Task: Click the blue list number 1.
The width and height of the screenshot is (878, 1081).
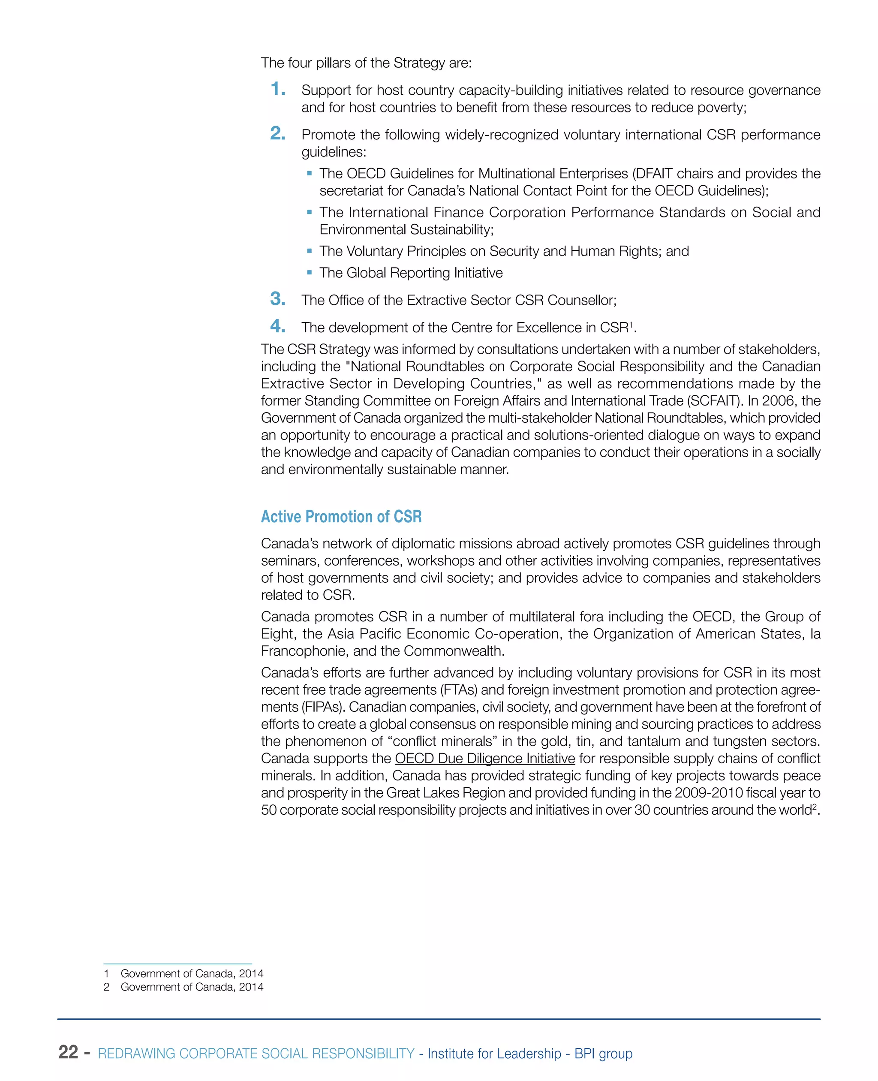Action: pyautogui.click(x=277, y=89)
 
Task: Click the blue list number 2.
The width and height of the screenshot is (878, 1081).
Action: pyautogui.click(x=277, y=133)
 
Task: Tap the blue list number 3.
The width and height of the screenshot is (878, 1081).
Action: pyautogui.click(x=277, y=299)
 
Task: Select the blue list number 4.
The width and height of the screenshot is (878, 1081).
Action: pyautogui.click(x=277, y=326)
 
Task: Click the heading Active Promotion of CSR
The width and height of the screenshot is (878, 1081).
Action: pyautogui.click(x=341, y=516)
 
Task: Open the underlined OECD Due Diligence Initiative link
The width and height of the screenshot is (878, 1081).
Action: pyautogui.click(x=484, y=758)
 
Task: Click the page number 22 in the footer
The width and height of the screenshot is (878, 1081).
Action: pyautogui.click(x=68, y=1052)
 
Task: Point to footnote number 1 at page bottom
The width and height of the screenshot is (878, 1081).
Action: pyautogui.click(x=107, y=973)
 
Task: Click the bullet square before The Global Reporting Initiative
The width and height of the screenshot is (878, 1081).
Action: pyautogui.click(x=310, y=273)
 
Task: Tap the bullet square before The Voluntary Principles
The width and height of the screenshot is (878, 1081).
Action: pyautogui.click(x=310, y=251)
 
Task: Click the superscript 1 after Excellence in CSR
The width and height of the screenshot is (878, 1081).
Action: pyautogui.click(x=631, y=324)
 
